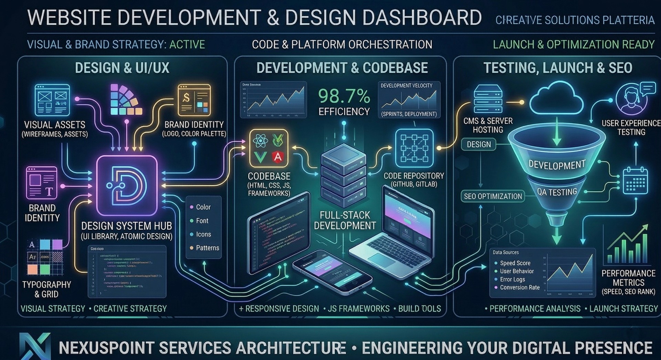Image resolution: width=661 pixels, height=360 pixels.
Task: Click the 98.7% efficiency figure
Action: point(344,96)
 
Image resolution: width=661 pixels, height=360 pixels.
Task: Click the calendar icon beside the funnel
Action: point(635,180)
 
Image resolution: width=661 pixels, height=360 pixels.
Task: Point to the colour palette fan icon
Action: point(125,100)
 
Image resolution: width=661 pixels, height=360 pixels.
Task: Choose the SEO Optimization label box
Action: point(493,196)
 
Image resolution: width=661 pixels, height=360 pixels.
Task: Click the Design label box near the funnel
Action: point(479,145)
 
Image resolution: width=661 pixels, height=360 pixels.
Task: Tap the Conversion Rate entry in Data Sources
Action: point(520,287)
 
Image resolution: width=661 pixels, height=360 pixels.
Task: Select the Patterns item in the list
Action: point(207,248)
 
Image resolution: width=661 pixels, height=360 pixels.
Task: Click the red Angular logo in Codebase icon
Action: point(278,157)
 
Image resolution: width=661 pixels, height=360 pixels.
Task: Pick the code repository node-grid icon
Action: point(414,148)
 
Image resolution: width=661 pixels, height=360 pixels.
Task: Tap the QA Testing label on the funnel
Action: point(557,192)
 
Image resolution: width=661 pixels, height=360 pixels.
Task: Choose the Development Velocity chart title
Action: point(406,86)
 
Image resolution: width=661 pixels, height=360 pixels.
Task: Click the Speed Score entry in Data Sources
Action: point(515,263)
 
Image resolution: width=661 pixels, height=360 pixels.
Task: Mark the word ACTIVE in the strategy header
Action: point(187,44)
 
